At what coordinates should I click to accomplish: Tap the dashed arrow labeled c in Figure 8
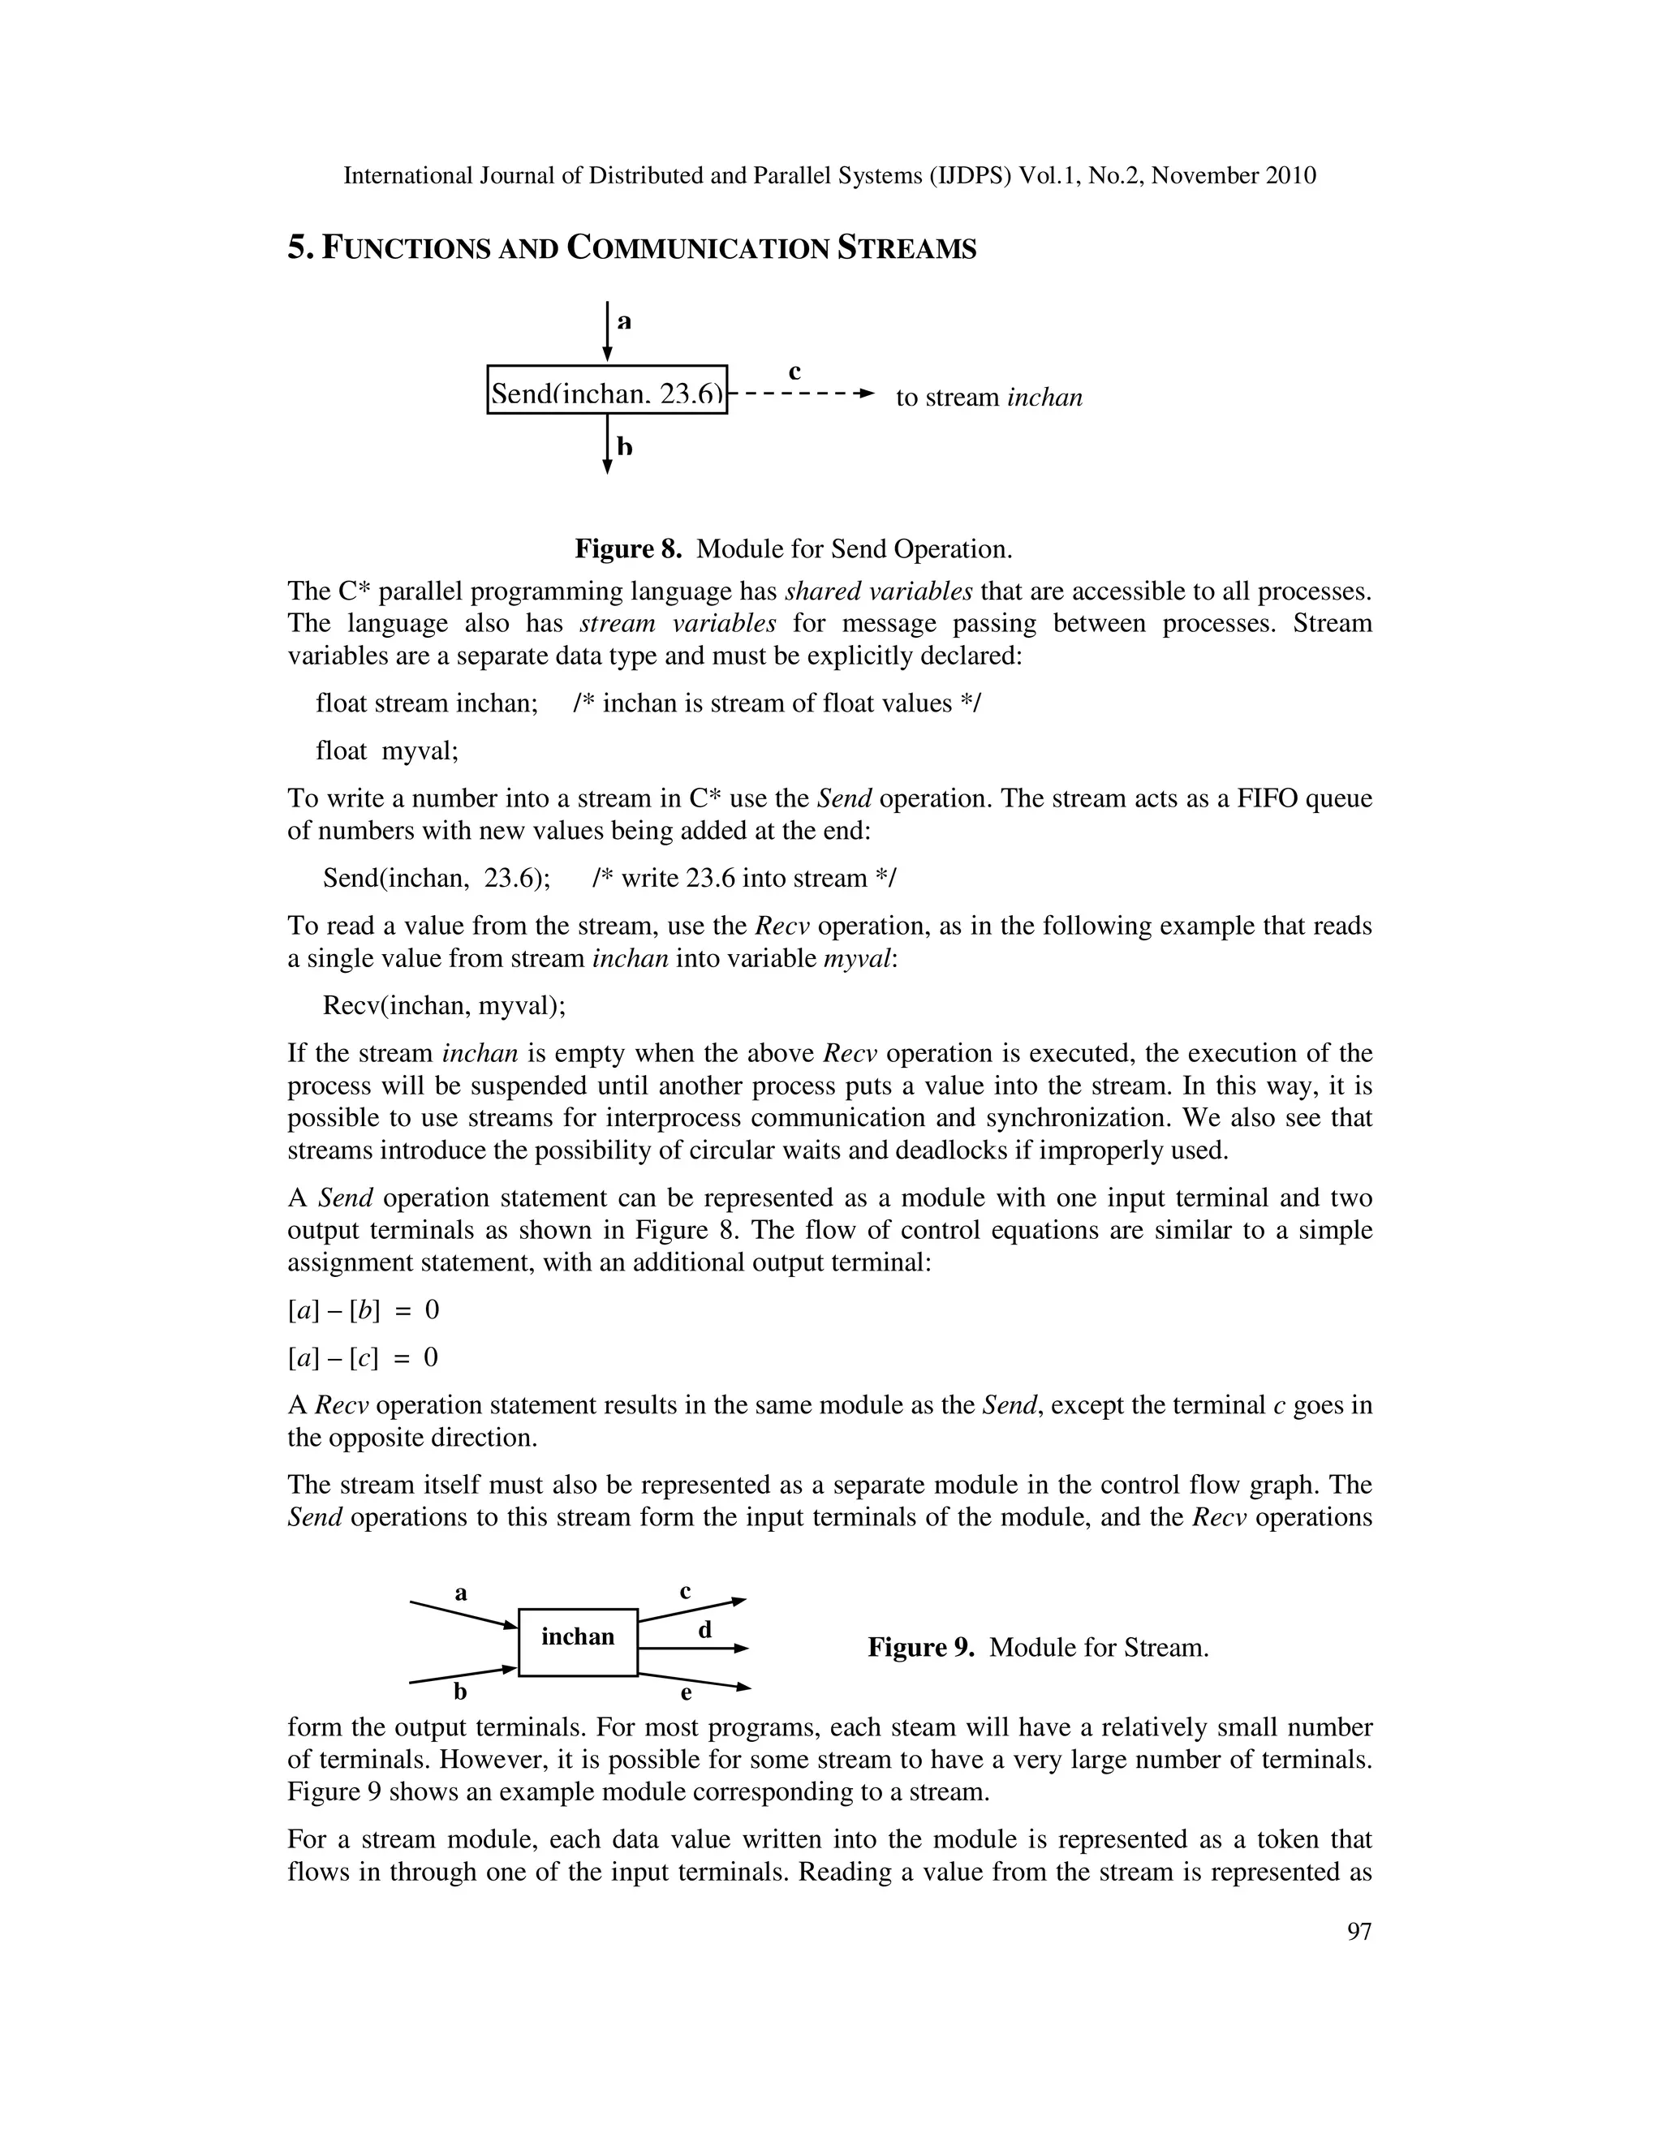click(802, 393)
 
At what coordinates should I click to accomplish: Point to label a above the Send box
click(623, 321)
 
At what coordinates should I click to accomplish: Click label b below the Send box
click(624, 447)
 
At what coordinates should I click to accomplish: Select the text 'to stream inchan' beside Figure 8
click(988, 398)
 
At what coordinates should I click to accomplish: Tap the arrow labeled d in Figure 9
click(693, 1648)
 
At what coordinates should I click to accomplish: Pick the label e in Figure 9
click(687, 1693)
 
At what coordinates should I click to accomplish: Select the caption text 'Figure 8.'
click(628, 548)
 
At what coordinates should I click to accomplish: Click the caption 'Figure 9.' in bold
click(920, 1648)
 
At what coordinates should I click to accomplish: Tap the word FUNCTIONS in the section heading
click(407, 250)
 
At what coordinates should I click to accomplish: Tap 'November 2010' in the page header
click(1234, 176)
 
